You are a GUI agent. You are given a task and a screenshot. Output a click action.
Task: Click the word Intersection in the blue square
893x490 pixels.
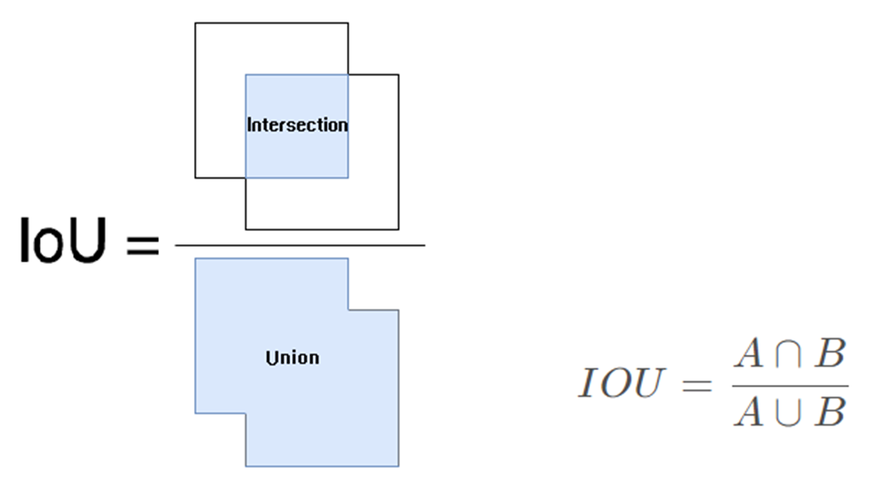pos(297,125)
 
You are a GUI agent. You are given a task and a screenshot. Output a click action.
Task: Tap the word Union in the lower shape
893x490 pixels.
pos(292,358)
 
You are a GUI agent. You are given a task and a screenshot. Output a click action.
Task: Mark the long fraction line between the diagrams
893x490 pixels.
pos(300,245)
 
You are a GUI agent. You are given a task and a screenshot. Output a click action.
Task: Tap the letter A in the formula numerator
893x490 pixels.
pos(748,355)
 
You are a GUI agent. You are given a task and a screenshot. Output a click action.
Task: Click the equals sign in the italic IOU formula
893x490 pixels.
pos(697,385)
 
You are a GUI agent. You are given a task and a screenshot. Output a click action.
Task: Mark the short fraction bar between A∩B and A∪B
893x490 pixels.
pos(790,385)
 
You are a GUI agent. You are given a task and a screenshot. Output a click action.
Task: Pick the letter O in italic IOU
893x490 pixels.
pos(617,384)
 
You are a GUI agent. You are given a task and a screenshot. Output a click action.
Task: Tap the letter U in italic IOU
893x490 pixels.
pos(649,384)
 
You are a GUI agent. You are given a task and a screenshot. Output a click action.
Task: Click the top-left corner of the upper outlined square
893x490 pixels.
pos(196,23)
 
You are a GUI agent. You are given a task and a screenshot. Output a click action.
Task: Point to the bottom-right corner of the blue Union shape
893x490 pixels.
pos(398,465)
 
